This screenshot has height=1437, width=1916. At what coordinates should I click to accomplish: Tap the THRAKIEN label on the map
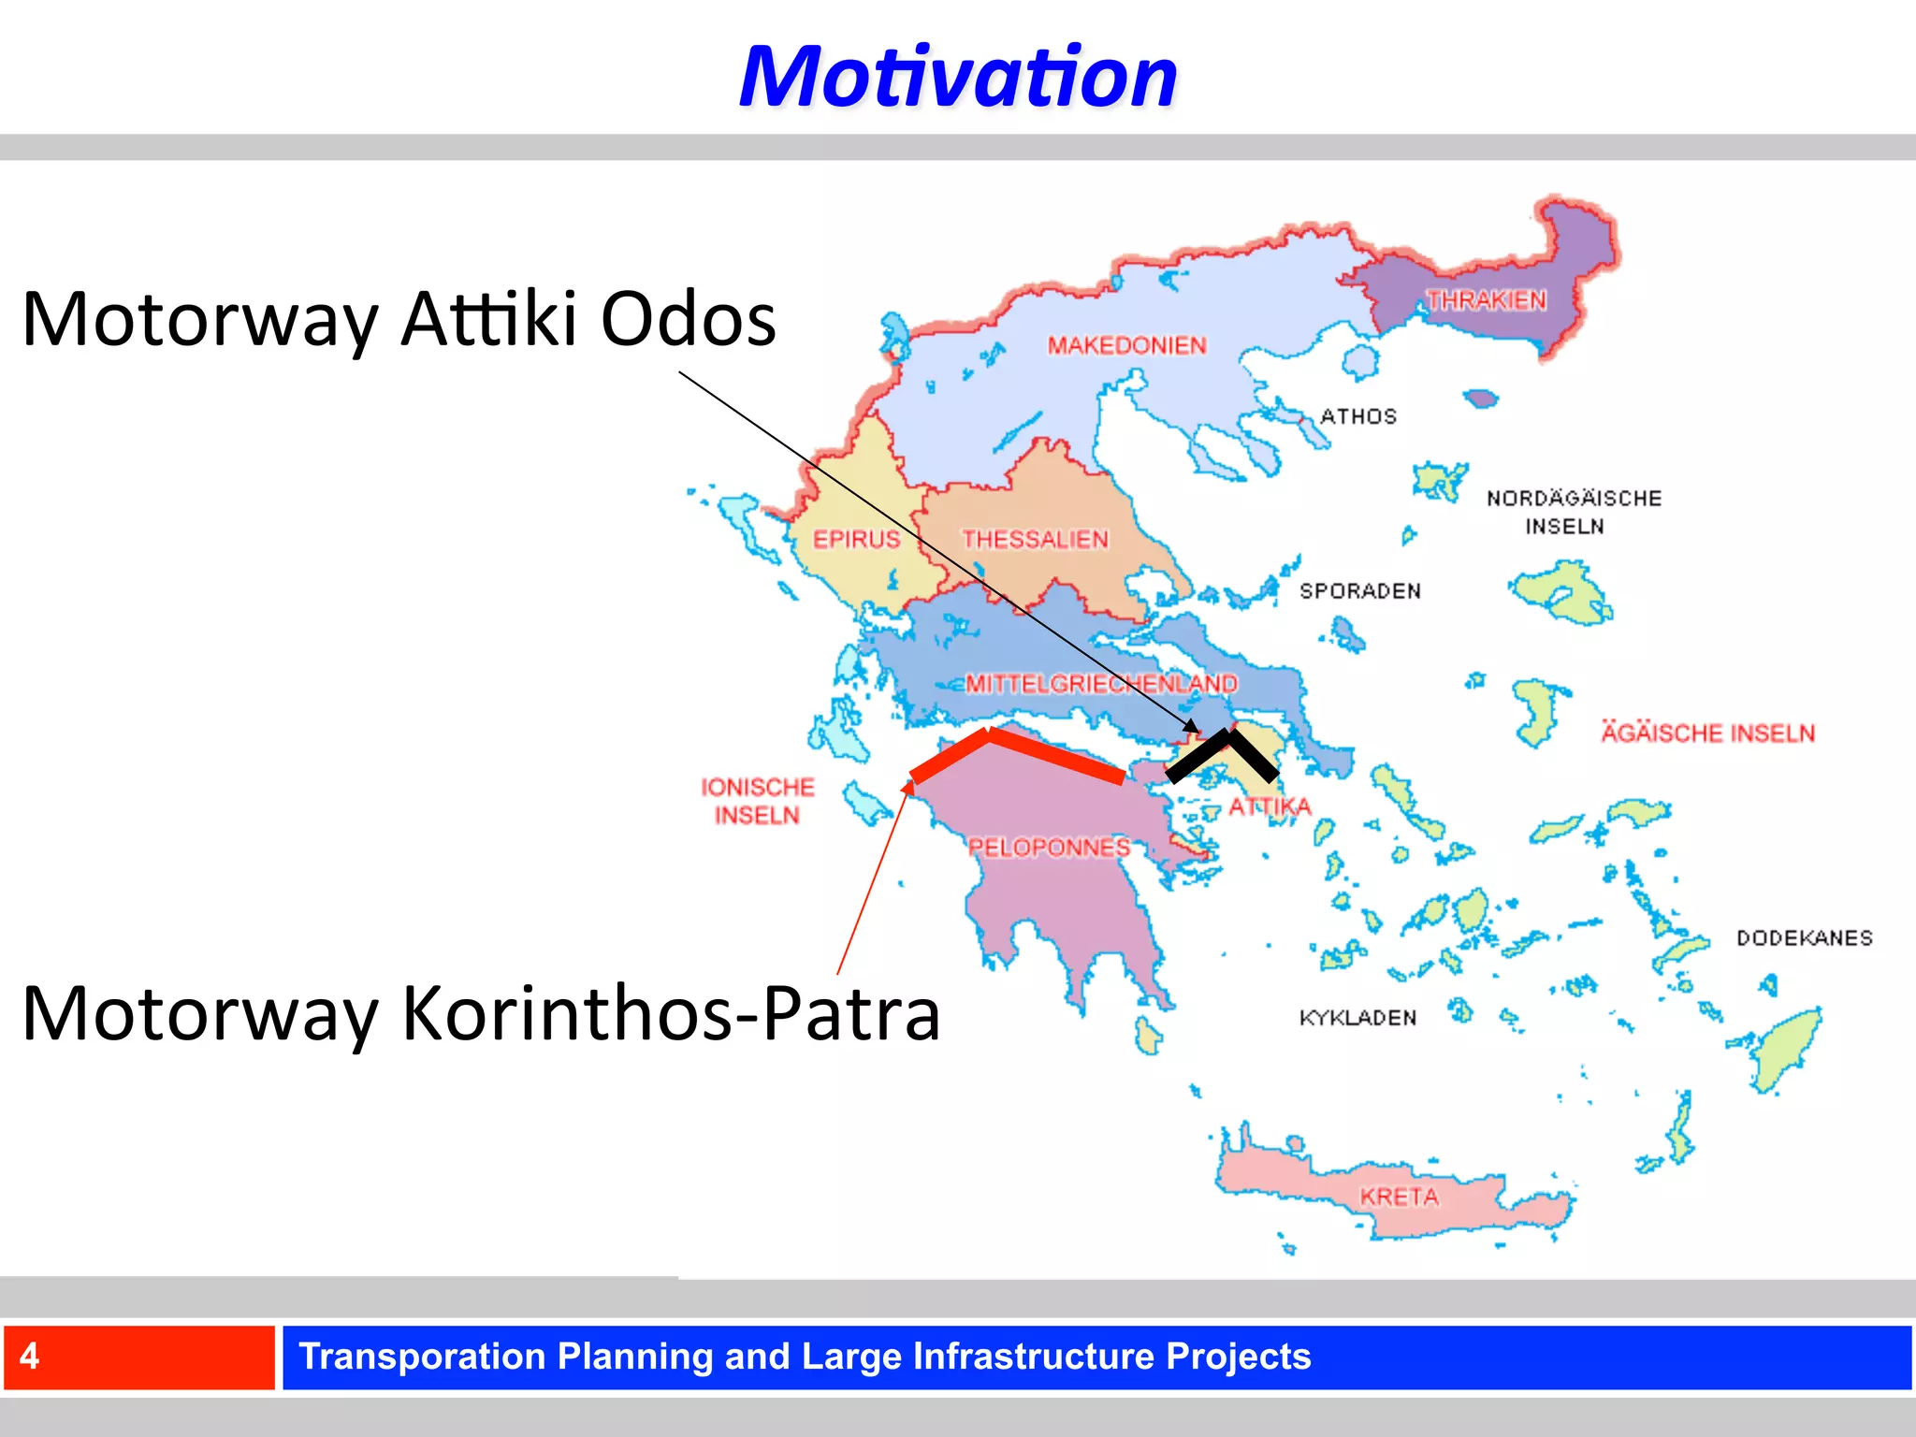tap(1486, 300)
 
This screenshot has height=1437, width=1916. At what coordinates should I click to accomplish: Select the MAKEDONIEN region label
tap(1126, 346)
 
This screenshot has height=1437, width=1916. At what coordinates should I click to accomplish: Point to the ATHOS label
tap(1357, 416)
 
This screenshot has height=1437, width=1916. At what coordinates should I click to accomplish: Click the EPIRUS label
tap(856, 540)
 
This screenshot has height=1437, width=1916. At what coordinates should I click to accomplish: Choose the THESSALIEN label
tap(1035, 540)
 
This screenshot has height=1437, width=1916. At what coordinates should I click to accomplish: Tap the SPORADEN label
tap(1359, 591)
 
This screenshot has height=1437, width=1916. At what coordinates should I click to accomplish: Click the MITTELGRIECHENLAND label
tap(1101, 684)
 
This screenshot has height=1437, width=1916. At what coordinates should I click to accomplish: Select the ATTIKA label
tap(1270, 806)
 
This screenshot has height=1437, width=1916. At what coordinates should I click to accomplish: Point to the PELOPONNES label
tap(1049, 848)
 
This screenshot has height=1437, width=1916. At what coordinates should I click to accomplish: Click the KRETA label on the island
tap(1399, 1197)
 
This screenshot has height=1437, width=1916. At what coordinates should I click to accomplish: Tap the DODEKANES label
tap(1804, 938)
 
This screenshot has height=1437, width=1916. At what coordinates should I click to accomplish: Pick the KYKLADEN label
tap(1357, 1018)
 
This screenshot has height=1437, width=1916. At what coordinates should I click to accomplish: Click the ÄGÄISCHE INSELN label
tap(1707, 733)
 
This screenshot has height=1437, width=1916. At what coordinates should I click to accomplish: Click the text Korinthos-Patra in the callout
tap(671, 1013)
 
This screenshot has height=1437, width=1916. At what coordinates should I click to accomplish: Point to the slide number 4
tap(30, 1357)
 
